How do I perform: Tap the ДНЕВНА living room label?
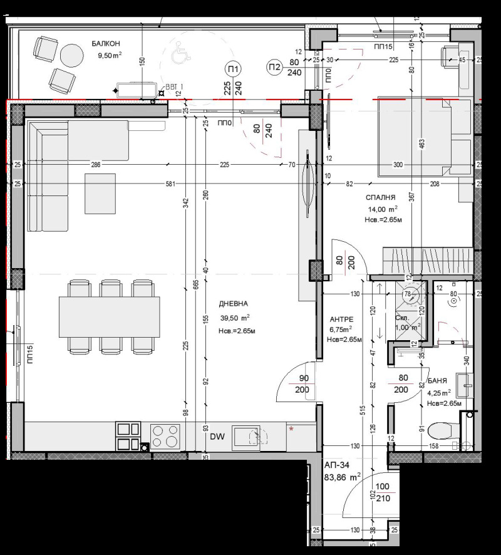pyautogui.click(x=234, y=304)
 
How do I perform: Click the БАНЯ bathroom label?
pyautogui.click(x=437, y=381)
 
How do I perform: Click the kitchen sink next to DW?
pyautogui.click(x=247, y=435)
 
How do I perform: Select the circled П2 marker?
pyautogui.click(x=274, y=67)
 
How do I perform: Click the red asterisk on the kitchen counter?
pyautogui.click(x=291, y=429)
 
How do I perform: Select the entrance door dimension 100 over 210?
pyautogui.click(x=381, y=492)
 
